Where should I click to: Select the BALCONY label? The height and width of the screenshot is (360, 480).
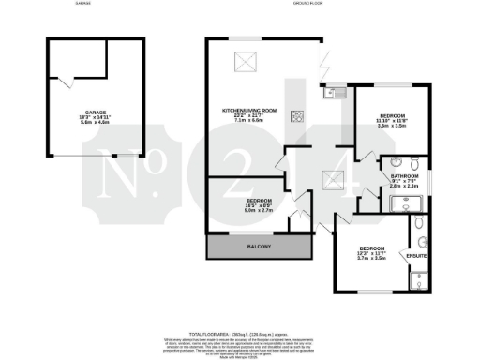click(x=259, y=246)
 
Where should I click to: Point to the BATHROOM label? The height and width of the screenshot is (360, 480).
click(x=404, y=175)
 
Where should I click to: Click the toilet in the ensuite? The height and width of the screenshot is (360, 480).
click(x=417, y=225)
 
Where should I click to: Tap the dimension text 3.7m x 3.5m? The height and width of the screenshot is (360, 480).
click(x=372, y=257)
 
